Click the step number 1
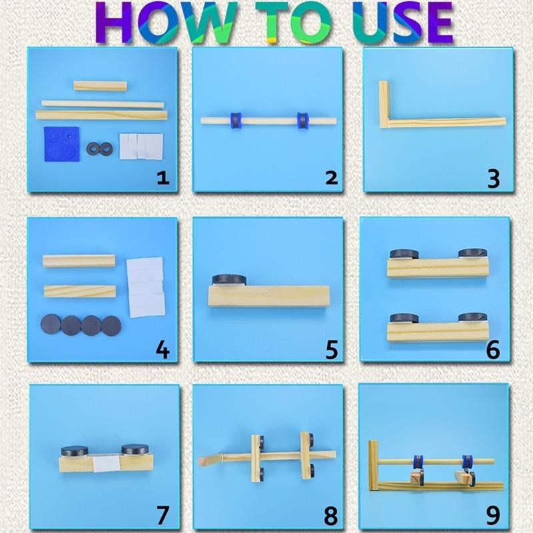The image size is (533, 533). point(163,178)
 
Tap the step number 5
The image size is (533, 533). point(332,349)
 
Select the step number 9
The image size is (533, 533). point(493,516)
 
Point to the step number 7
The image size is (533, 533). point(163,515)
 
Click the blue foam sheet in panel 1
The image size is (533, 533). point(61,144)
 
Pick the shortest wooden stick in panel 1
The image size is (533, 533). point(101,86)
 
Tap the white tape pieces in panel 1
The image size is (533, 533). point(141,146)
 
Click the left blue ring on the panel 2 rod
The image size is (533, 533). point(236,121)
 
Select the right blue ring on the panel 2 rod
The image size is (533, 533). point(302,121)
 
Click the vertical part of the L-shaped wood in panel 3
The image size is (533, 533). point(384,104)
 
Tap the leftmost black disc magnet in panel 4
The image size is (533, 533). point(51,324)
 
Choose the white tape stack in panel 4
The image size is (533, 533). point(146,287)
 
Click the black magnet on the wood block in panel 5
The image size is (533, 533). point(229,279)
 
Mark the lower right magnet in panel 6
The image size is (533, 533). point(473,318)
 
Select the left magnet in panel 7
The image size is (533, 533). point(75,451)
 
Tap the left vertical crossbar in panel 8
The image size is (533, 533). point(255,458)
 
